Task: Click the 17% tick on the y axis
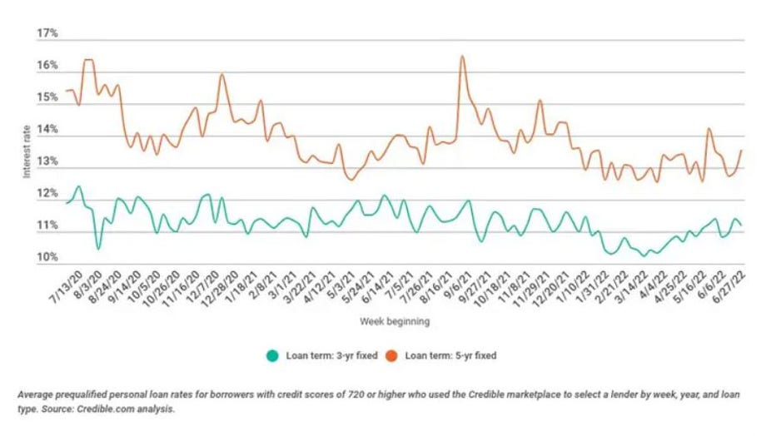47,34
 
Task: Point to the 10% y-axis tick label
47,257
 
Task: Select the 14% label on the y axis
47,130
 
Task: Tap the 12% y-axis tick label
47,194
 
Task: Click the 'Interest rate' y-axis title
27,146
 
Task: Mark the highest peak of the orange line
461,57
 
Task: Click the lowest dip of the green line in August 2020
98,249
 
